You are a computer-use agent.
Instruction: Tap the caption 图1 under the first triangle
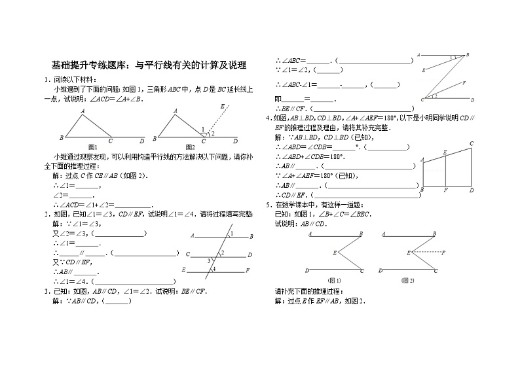tap(92, 146)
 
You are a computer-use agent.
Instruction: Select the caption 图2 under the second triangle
tap(191, 146)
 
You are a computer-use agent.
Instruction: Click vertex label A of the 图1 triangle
tap(83, 112)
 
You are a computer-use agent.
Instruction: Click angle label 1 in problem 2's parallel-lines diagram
tap(230, 234)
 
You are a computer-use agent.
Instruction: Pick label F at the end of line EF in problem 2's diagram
tap(247, 270)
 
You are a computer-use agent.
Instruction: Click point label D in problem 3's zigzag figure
tap(472, 100)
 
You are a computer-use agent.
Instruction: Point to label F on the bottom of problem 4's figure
tap(445, 190)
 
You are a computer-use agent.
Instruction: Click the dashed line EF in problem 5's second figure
tap(425, 253)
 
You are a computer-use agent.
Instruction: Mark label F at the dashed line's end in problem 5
tap(443, 253)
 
